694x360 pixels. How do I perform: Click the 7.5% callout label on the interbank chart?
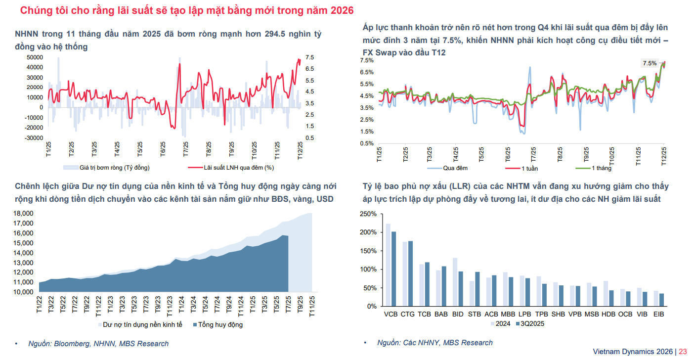click(x=650, y=63)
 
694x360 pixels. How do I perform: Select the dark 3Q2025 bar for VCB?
click(x=394, y=269)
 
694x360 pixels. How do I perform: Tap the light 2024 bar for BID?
click(x=455, y=282)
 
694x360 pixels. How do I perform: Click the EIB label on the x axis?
click(x=659, y=314)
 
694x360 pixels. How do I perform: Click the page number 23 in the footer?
click(x=683, y=352)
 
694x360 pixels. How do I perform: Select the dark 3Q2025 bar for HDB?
click(x=611, y=298)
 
